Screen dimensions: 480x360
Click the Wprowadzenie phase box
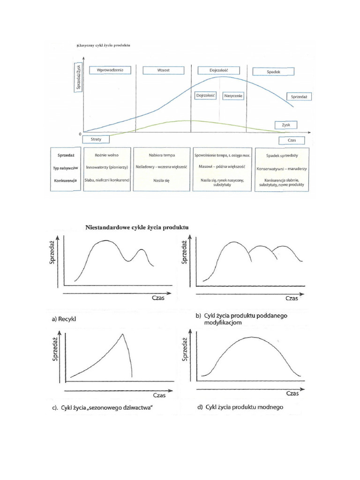[110, 70]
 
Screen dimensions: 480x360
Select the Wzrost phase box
[163, 70]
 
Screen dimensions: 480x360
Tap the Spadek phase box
[273, 72]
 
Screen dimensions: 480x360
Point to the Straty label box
[96, 139]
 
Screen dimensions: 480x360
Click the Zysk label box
[286, 125]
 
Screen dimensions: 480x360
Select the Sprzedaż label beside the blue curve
[299, 96]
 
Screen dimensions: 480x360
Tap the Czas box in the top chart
[292, 140]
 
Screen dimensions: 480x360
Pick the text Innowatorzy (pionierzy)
[106, 167]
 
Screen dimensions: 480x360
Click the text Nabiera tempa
[161, 155]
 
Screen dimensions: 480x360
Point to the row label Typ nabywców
[65, 167]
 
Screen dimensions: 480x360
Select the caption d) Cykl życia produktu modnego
[240, 407]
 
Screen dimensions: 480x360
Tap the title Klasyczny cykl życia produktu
[103, 45]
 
